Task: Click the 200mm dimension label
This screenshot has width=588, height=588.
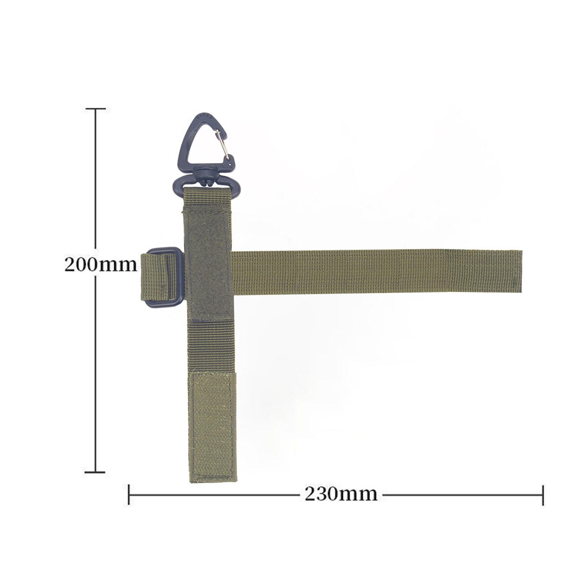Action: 100,264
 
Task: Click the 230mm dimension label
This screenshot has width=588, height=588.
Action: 341,494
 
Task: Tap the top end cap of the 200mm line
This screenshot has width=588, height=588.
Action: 96,109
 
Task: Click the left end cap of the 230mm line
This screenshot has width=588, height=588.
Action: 129,495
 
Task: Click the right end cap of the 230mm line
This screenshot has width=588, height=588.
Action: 542,495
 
